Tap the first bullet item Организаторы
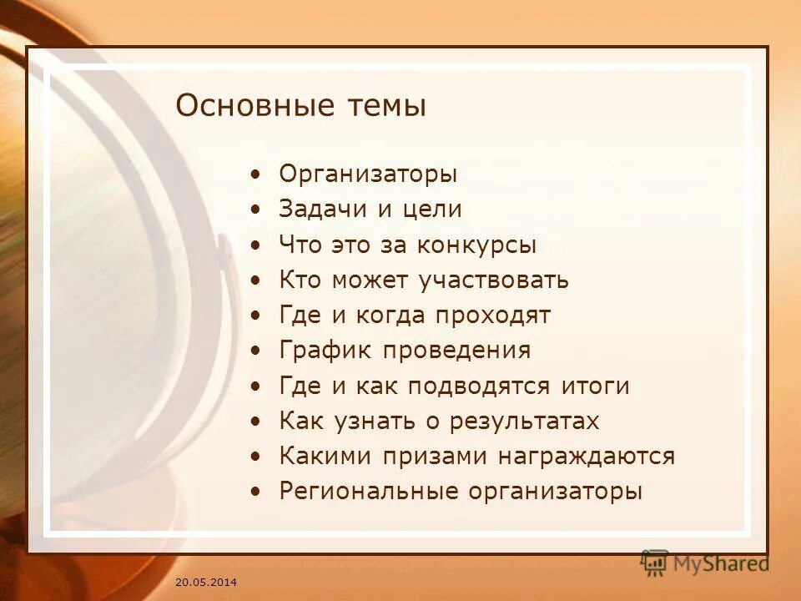(368, 175)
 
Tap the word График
(325, 351)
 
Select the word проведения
(456, 351)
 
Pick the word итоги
(594, 386)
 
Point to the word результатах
(524, 422)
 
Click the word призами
(436, 457)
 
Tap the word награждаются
(587, 457)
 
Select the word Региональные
(366, 492)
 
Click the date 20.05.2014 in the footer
(206, 581)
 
